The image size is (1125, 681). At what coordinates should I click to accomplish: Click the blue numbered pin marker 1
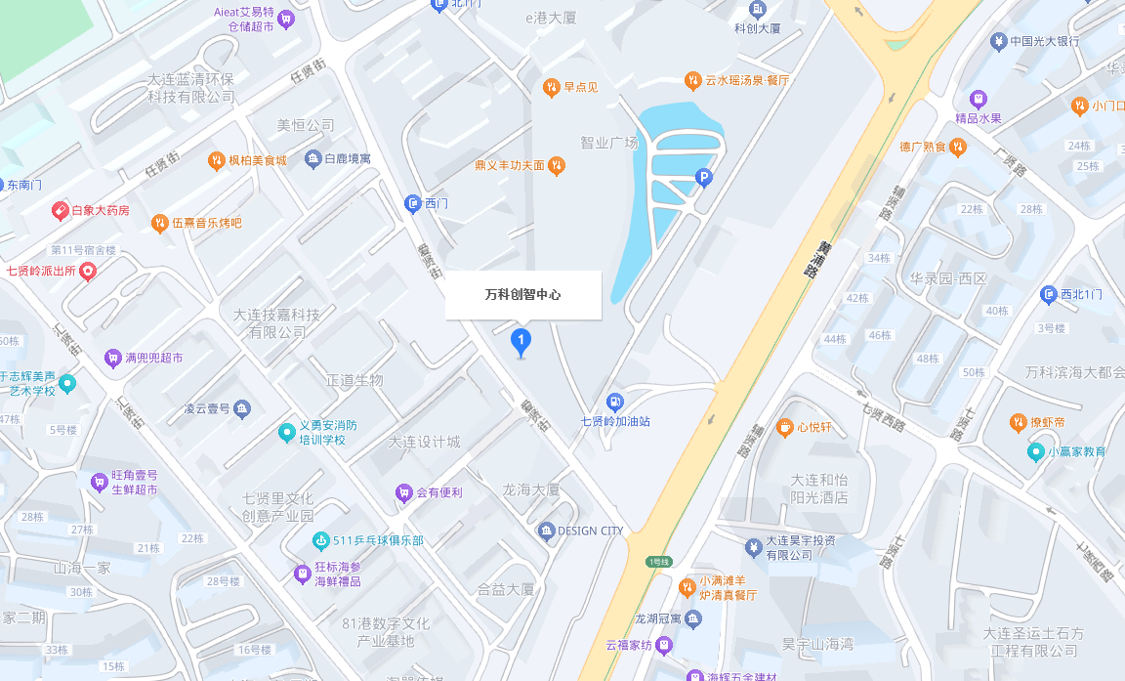tap(521, 342)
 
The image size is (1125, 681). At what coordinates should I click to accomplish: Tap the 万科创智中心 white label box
tap(522, 294)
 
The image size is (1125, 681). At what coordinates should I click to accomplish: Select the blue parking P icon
tap(702, 177)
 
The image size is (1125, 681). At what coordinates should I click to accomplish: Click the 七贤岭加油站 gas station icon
tap(614, 402)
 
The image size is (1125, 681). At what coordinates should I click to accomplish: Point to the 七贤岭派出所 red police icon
tap(88, 271)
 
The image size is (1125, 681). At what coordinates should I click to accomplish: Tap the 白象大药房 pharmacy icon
tap(60, 210)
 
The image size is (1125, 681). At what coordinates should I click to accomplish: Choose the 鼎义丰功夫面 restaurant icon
tap(557, 165)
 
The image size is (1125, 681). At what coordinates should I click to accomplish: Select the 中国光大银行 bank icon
tap(998, 41)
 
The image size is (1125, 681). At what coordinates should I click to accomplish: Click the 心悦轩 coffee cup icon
tap(784, 427)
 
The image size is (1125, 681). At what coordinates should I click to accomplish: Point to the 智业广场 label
tap(608, 143)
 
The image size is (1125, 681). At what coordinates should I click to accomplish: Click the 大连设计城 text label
tap(424, 442)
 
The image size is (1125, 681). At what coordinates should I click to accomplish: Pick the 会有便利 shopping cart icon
tap(403, 492)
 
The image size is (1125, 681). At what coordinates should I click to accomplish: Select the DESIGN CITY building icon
tap(546, 531)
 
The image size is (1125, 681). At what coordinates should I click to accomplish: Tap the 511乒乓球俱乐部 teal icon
tap(319, 540)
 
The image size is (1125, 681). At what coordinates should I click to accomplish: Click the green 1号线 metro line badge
tap(659, 561)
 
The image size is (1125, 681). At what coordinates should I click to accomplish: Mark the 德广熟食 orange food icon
tap(958, 147)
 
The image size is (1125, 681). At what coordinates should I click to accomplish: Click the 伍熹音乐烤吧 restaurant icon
tap(159, 223)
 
